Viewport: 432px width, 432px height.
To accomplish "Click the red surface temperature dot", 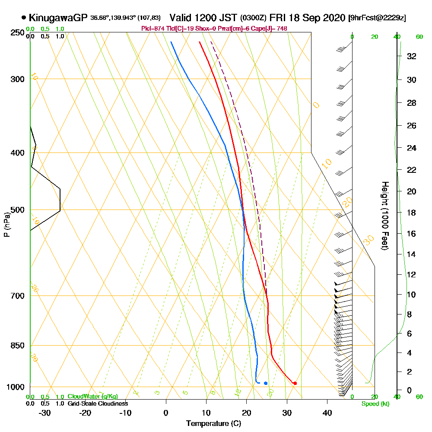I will (x=295, y=383).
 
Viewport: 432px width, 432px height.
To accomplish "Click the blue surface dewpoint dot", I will (x=266, y=383).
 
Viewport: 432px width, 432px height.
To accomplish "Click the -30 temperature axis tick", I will (x=45, y=413).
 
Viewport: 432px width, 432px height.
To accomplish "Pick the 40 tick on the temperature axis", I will (x=327, y=413).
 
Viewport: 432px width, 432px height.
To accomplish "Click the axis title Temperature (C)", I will (x=213, y=424).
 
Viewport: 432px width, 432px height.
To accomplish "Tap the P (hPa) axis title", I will (x=7, y=224).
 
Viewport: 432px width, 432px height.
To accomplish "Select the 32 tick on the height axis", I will (x=412, y=56).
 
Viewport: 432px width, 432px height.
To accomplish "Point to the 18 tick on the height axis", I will (x=412, y=213).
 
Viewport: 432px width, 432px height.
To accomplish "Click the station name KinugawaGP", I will (x=58, y=18).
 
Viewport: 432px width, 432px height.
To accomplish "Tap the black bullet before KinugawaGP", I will (x=23, y=18).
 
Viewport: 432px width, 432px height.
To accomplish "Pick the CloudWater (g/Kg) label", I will (x=92, y=397).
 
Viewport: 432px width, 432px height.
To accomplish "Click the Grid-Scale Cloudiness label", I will (x=98, y=403).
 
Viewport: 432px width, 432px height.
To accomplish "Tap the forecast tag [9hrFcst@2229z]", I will (x=377, y=18).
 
